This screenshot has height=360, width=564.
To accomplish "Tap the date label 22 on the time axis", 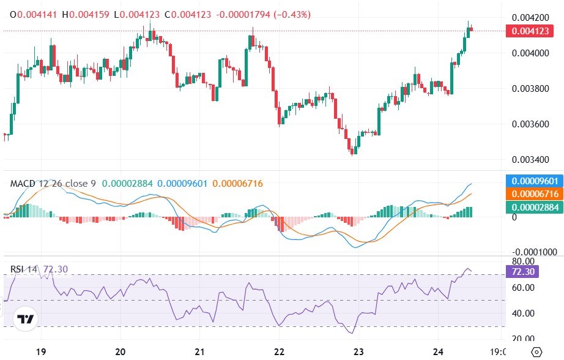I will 279,352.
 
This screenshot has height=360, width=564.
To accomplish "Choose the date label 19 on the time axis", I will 40,352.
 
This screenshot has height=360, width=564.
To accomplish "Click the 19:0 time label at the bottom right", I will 499,352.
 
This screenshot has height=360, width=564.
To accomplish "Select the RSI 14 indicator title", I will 24,269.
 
